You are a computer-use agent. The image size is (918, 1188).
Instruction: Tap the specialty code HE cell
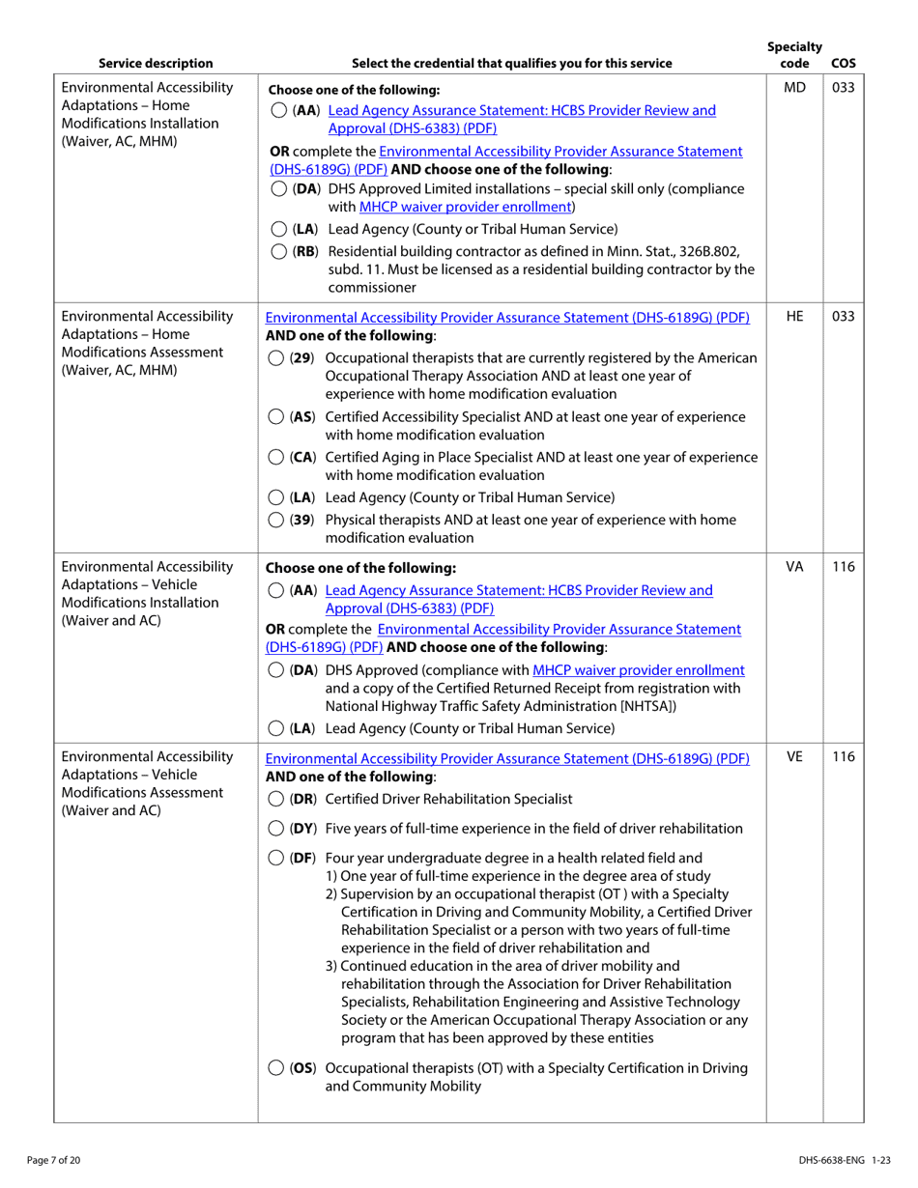pyautogui.click(x=794, y=316)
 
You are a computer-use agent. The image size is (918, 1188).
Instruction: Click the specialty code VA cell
pyautogui.click(x=794, y=567)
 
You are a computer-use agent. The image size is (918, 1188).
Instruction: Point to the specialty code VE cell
pyautogui.click(x=794, y=758)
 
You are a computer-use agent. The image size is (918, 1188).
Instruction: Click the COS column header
pyautogui.click(x=843, y=64)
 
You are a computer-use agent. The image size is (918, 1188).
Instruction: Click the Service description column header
pyautogui.click(x=156, y=64)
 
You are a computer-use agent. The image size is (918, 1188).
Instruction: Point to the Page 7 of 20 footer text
pyautogui.click(x=54, y=1160)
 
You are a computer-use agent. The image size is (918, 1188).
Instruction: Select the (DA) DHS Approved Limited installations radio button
pyautogui.click(x=277, y=188)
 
